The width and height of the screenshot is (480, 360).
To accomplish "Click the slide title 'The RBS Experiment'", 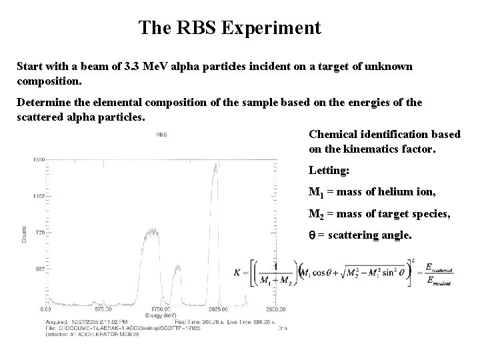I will click(230, 29).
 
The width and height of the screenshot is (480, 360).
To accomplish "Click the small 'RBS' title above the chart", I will click(161, 134).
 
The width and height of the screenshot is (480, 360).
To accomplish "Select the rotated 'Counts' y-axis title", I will click(25, 233).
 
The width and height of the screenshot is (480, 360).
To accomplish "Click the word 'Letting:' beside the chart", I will click(329, 171).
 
